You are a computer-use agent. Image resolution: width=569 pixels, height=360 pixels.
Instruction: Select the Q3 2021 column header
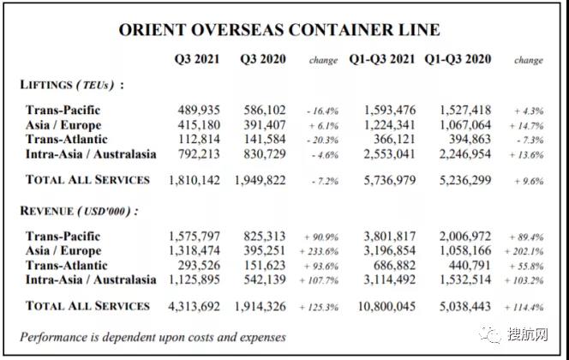[196, 59]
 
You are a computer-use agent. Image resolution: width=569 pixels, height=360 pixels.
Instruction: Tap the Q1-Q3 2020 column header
[458, 59]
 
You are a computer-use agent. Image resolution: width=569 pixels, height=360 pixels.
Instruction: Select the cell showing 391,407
[263, 125]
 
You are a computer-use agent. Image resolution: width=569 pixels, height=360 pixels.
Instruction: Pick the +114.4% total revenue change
[528, 307]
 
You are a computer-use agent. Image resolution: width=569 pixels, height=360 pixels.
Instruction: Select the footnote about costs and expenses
[153, 337]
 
